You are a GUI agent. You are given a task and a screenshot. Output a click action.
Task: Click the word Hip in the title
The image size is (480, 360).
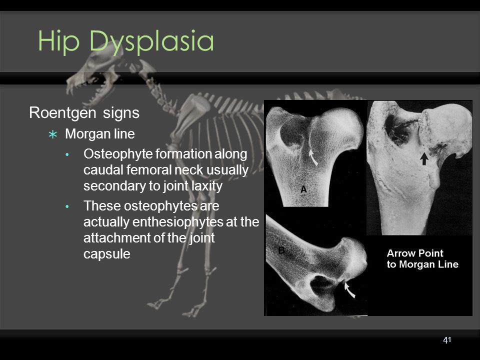click(x=58, y=41)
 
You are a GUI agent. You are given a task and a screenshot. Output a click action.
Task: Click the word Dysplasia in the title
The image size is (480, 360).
click(x=151, y=41)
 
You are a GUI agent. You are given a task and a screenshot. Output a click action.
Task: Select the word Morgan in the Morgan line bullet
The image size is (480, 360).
click(x=86, y=134)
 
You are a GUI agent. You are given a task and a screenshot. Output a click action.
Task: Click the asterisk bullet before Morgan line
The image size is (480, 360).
click(x=53, y=134)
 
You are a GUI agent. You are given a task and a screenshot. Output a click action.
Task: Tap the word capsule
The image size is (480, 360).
click(x=107, y=254)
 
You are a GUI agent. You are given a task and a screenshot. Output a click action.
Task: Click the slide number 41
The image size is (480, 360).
click(x=447, y=340)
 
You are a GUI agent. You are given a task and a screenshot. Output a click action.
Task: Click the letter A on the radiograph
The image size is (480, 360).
click(x=303, y=189)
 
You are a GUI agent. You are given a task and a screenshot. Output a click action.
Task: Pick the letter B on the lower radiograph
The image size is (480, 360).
click(x=281, y=250)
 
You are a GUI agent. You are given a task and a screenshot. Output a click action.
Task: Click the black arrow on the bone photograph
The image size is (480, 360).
click(x=424, y=158)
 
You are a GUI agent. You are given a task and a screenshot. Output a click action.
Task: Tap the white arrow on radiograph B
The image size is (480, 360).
click(x=349, y=289)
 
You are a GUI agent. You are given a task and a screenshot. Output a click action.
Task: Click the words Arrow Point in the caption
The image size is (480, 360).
click(x=415, y=253)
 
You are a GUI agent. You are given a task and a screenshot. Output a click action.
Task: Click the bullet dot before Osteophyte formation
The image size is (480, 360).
click(x=67, y=154)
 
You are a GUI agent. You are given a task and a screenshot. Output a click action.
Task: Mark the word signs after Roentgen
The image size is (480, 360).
click(x=121, y=113)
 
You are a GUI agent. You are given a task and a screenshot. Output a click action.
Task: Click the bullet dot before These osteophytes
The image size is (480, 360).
click(x=67, y=206)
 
